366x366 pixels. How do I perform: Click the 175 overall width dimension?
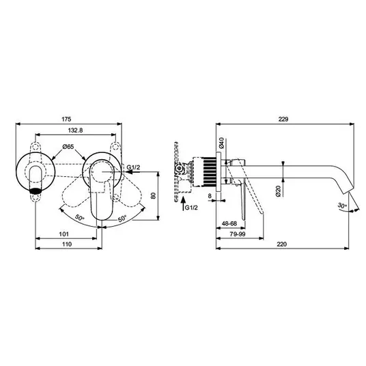pos(66,119)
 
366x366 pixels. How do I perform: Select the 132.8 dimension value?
pos(75,130)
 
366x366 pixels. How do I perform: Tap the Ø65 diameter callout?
pos(68,147)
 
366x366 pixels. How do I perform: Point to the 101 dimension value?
pos(64,234)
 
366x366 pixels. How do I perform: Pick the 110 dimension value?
pos(67,244)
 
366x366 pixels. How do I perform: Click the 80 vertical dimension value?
pos(154,195)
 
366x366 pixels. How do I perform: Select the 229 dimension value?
pos(283,119)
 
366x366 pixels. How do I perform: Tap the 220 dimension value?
pos(282,244)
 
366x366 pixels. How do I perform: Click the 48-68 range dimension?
pos(229,223)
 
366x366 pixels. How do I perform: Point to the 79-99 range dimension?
pos(238,234)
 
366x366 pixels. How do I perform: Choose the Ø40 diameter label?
pos(221,143)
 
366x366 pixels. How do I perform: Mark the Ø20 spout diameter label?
pos(278,191)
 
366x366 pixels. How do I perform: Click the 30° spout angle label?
pos(342,206)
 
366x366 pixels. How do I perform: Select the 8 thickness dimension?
pos(210,196)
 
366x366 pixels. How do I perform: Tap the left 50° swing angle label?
pos(80,218)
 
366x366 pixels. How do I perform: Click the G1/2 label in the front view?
pos(133,167)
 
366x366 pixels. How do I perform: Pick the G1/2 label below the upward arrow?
pos(191,208)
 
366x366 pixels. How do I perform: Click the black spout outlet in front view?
pos(36,191)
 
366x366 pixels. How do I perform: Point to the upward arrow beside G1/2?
pos(183,203)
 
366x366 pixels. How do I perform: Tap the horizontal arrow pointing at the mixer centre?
pos(132,172)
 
